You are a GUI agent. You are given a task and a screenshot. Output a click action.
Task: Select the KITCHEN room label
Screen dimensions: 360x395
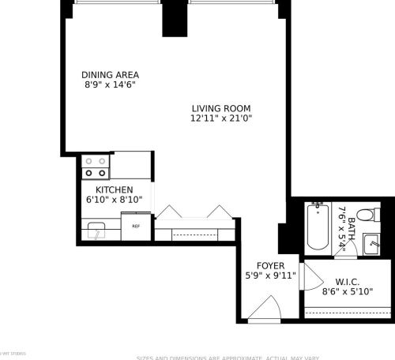pos(114,190)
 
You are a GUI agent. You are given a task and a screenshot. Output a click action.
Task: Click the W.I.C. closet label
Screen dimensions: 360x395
pos(348,281)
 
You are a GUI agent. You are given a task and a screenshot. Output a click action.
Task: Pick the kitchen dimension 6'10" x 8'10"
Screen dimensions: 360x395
pos(114,201)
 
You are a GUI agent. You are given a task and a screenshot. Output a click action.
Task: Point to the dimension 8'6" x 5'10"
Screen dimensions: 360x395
pos(348,291)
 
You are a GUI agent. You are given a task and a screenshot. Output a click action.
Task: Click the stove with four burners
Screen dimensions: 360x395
pos(96,166)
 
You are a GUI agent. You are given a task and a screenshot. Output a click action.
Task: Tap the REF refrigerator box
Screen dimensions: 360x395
pos(135,226)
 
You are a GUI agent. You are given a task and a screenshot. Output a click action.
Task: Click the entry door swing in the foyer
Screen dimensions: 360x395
pos(263,310)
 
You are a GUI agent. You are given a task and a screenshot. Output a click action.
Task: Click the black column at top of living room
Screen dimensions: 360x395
pos(174,17)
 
